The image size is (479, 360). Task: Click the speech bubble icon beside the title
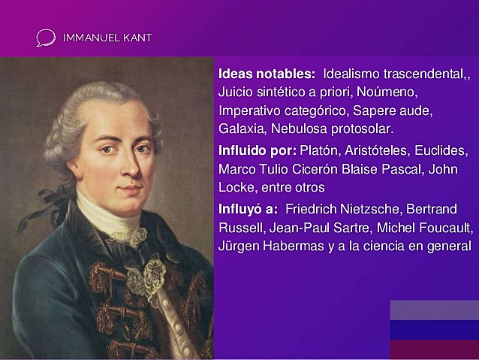pos(45,38)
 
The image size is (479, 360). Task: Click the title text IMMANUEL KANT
pos(107,38)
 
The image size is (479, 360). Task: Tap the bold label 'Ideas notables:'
pos(267,75)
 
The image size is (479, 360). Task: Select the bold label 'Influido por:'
pos(257,150)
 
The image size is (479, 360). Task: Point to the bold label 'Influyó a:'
pos(248,208)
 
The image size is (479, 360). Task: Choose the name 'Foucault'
pos(447,227)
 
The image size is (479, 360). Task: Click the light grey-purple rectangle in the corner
pos(434,310)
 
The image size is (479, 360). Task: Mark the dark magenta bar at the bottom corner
pos(434,350)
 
